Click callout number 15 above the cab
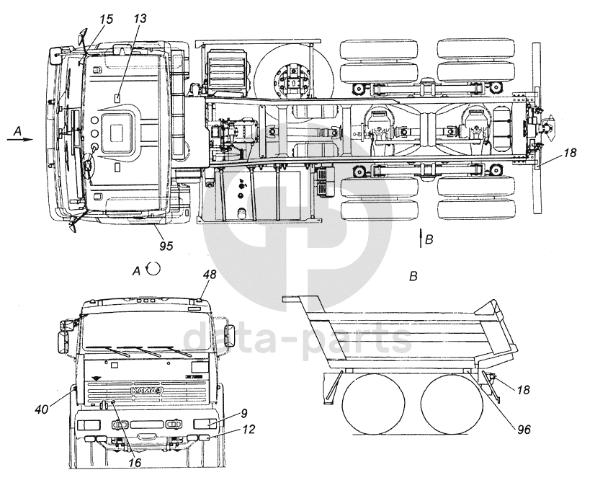(x=107, y=19)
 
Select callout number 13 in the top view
(x=140, y=19)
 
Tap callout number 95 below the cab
(x=166, y=246)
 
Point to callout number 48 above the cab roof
(x=210, y=274)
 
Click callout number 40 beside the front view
(x=42, y=409)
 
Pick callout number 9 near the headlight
(x=244, y=413)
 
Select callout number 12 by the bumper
(x=249, y=430)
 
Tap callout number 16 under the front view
(x=135, y=463)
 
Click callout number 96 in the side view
(x=524, y=430)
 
